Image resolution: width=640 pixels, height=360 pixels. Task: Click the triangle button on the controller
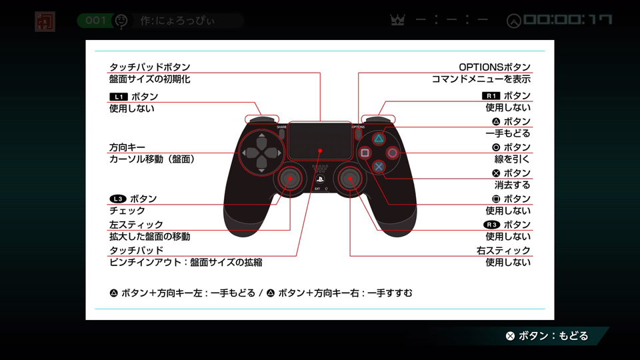click(x=379, y=139)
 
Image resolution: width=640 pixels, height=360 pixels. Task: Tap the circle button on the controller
click(x=392, y=153)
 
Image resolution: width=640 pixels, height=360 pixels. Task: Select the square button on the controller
click(x=365, y=153)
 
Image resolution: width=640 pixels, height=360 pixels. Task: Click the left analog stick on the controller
click(x=290, y=179)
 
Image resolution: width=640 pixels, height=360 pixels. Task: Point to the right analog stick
click(x=350, y=179)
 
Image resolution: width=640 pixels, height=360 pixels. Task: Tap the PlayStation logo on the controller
click(x=320, y=179)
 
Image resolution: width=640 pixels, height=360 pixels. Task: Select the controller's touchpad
click(x=320, y=141)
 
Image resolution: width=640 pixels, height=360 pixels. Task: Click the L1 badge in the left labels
click(x=119, y=97)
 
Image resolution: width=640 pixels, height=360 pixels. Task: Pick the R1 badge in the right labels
click(x=491, y=96)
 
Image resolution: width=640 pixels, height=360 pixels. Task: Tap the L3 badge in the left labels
click(x=118, y=199)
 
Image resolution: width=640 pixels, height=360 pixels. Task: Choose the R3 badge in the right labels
click(x=491, y=225)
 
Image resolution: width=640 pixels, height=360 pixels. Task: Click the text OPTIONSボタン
click(x=495, y=67)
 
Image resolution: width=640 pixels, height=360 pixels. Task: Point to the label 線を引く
click(x=512, y=159)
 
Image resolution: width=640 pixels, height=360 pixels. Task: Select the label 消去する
click(x=512, y=185)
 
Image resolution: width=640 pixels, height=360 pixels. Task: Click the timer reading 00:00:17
click(x=568, y=19)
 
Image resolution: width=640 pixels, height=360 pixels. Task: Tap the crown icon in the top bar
click(x=397, y=20)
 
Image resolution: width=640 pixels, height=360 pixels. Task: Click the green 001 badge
click(x=95, y=21)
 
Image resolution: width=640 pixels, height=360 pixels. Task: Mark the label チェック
click(x=127, y=211)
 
